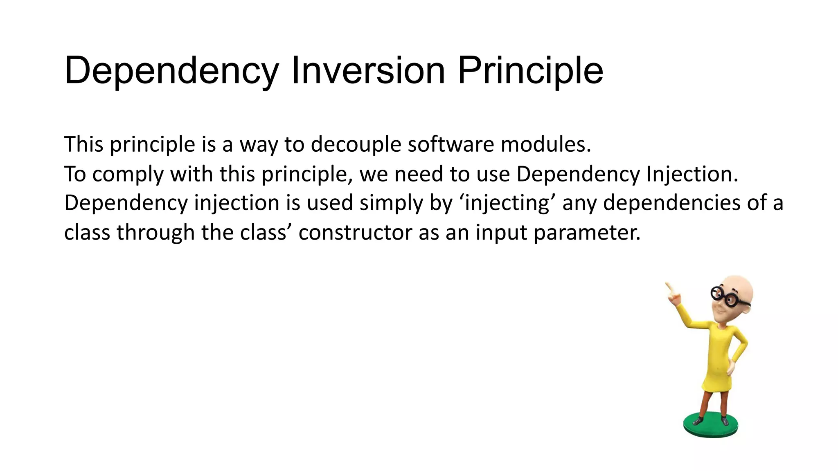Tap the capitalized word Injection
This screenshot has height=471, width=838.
(x=692, y=175)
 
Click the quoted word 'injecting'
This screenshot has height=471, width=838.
(x=507, y=203)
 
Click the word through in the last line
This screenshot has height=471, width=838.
(x=155, y=233)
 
